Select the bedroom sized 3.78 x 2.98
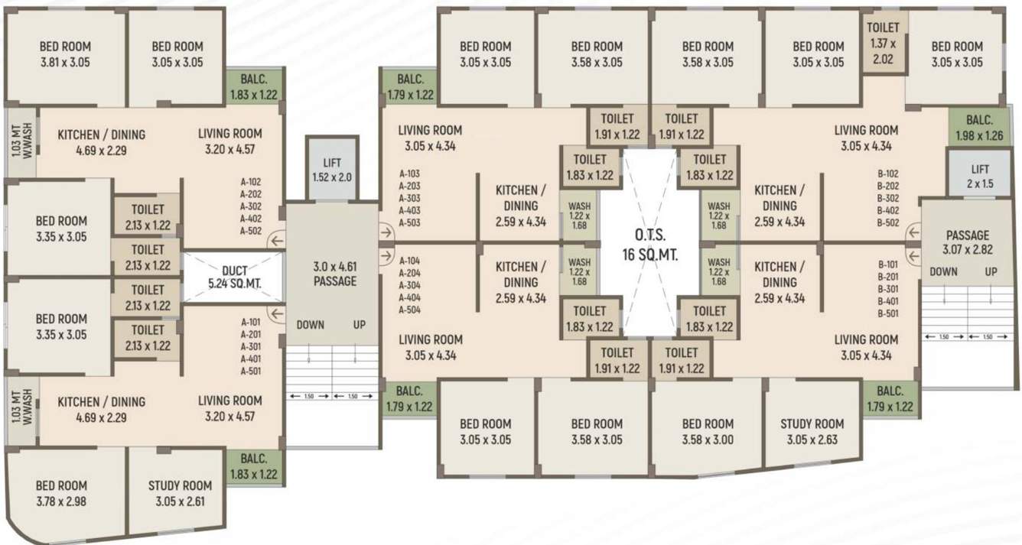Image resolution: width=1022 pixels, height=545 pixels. [x=61, y=493]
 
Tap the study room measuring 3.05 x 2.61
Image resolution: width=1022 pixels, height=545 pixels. [x=180, y=493]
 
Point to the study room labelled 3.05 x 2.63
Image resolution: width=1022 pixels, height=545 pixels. [x=812, y=431]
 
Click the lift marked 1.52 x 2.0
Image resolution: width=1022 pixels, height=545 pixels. [x=332, y=170]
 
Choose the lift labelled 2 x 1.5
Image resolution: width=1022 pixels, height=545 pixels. [x=980, y=176]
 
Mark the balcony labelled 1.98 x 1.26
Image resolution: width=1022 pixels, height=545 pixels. [x=979, y=128]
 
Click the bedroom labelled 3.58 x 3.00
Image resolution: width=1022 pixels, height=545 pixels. [x=708, y=431]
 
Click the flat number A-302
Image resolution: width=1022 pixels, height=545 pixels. [x=251, y=206]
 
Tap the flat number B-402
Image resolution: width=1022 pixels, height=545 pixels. [x=888, y=210]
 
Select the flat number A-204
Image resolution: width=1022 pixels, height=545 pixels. [x=410, y=273]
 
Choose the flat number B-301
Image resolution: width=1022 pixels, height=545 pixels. [x=888, y=290]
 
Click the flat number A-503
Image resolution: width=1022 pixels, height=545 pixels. [x=410, y=222]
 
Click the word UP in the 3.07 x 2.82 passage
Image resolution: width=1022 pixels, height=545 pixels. [x=991, y=272]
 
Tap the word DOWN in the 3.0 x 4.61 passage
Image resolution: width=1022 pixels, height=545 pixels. [x=310, y=325]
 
